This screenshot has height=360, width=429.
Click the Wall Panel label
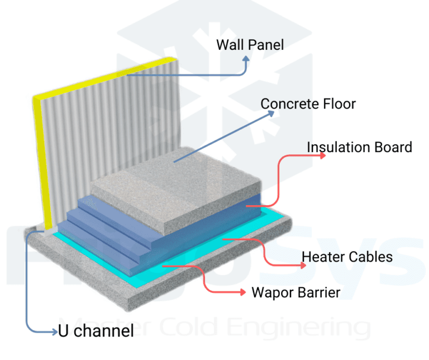click(x=250, y=45)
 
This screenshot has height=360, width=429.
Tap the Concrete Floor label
click(x=308, y=104)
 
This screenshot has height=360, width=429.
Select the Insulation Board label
click(x=359, y=148)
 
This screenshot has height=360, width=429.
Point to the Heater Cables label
click(x=347, y=257)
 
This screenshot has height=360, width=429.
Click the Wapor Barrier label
click(x=295, y=292)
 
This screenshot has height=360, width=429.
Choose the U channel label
click(x=96, y=331)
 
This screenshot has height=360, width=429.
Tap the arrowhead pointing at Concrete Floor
click(x=272, y=113)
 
